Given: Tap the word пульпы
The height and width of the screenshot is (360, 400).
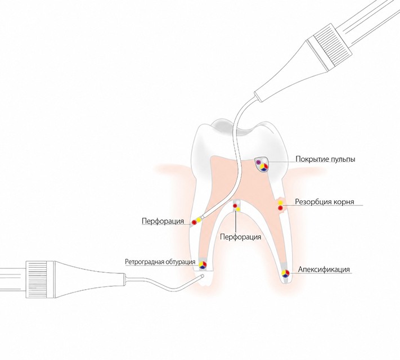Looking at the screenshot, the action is coord(343,159).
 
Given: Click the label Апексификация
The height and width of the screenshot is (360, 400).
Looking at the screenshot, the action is coord(324,269).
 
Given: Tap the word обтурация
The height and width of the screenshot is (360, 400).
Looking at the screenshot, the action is coord(181,262).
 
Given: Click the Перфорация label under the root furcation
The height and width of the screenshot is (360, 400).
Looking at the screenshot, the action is coord(241,237).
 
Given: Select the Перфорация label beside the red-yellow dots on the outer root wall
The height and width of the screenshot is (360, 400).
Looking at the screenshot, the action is coord(163,221).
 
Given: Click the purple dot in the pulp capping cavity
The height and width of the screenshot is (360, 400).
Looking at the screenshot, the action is coord(258,162).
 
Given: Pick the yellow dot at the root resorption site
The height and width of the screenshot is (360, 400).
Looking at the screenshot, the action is coord(280,202).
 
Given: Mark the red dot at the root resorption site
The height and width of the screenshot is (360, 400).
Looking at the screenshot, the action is coord(280,208).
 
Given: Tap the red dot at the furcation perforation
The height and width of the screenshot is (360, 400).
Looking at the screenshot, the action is coord(235,206).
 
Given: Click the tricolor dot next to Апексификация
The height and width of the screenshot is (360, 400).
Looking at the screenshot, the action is coord(285,273).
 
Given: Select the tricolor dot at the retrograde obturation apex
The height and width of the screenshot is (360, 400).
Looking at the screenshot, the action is coord(203,265).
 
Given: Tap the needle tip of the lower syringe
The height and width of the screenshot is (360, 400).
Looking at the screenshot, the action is coord(203,276).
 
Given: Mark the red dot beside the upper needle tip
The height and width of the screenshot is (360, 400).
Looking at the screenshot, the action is coord(194,223).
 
